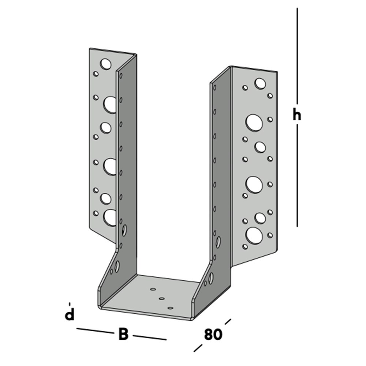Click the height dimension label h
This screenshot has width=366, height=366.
(x=297, y=115)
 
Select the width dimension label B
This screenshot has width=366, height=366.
(x=123, y=334)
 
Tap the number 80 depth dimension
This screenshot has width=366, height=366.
(x=213, y=334)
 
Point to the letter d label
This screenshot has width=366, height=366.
(x=70, y=314)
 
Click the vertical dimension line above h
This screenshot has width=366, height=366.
(x=297, y=55)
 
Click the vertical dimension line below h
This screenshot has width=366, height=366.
(x=297, y=176)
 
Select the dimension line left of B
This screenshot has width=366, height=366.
(x=94, y=331)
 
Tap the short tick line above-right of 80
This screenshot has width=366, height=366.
(x=228, y=321)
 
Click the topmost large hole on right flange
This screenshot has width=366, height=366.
(x=260, y=83)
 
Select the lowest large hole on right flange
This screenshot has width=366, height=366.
(x=254, y=235)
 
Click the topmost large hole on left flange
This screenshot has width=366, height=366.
(x=106, y=64)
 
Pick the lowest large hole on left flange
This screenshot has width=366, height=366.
(x=110, y=217)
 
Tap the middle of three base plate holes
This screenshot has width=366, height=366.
(x=161, y=299)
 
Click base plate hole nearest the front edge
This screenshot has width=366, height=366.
(x=170, y=308)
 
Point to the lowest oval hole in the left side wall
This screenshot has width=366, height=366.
(x=117, y=266)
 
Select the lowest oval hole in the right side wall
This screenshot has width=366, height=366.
(x=211, y=278)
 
